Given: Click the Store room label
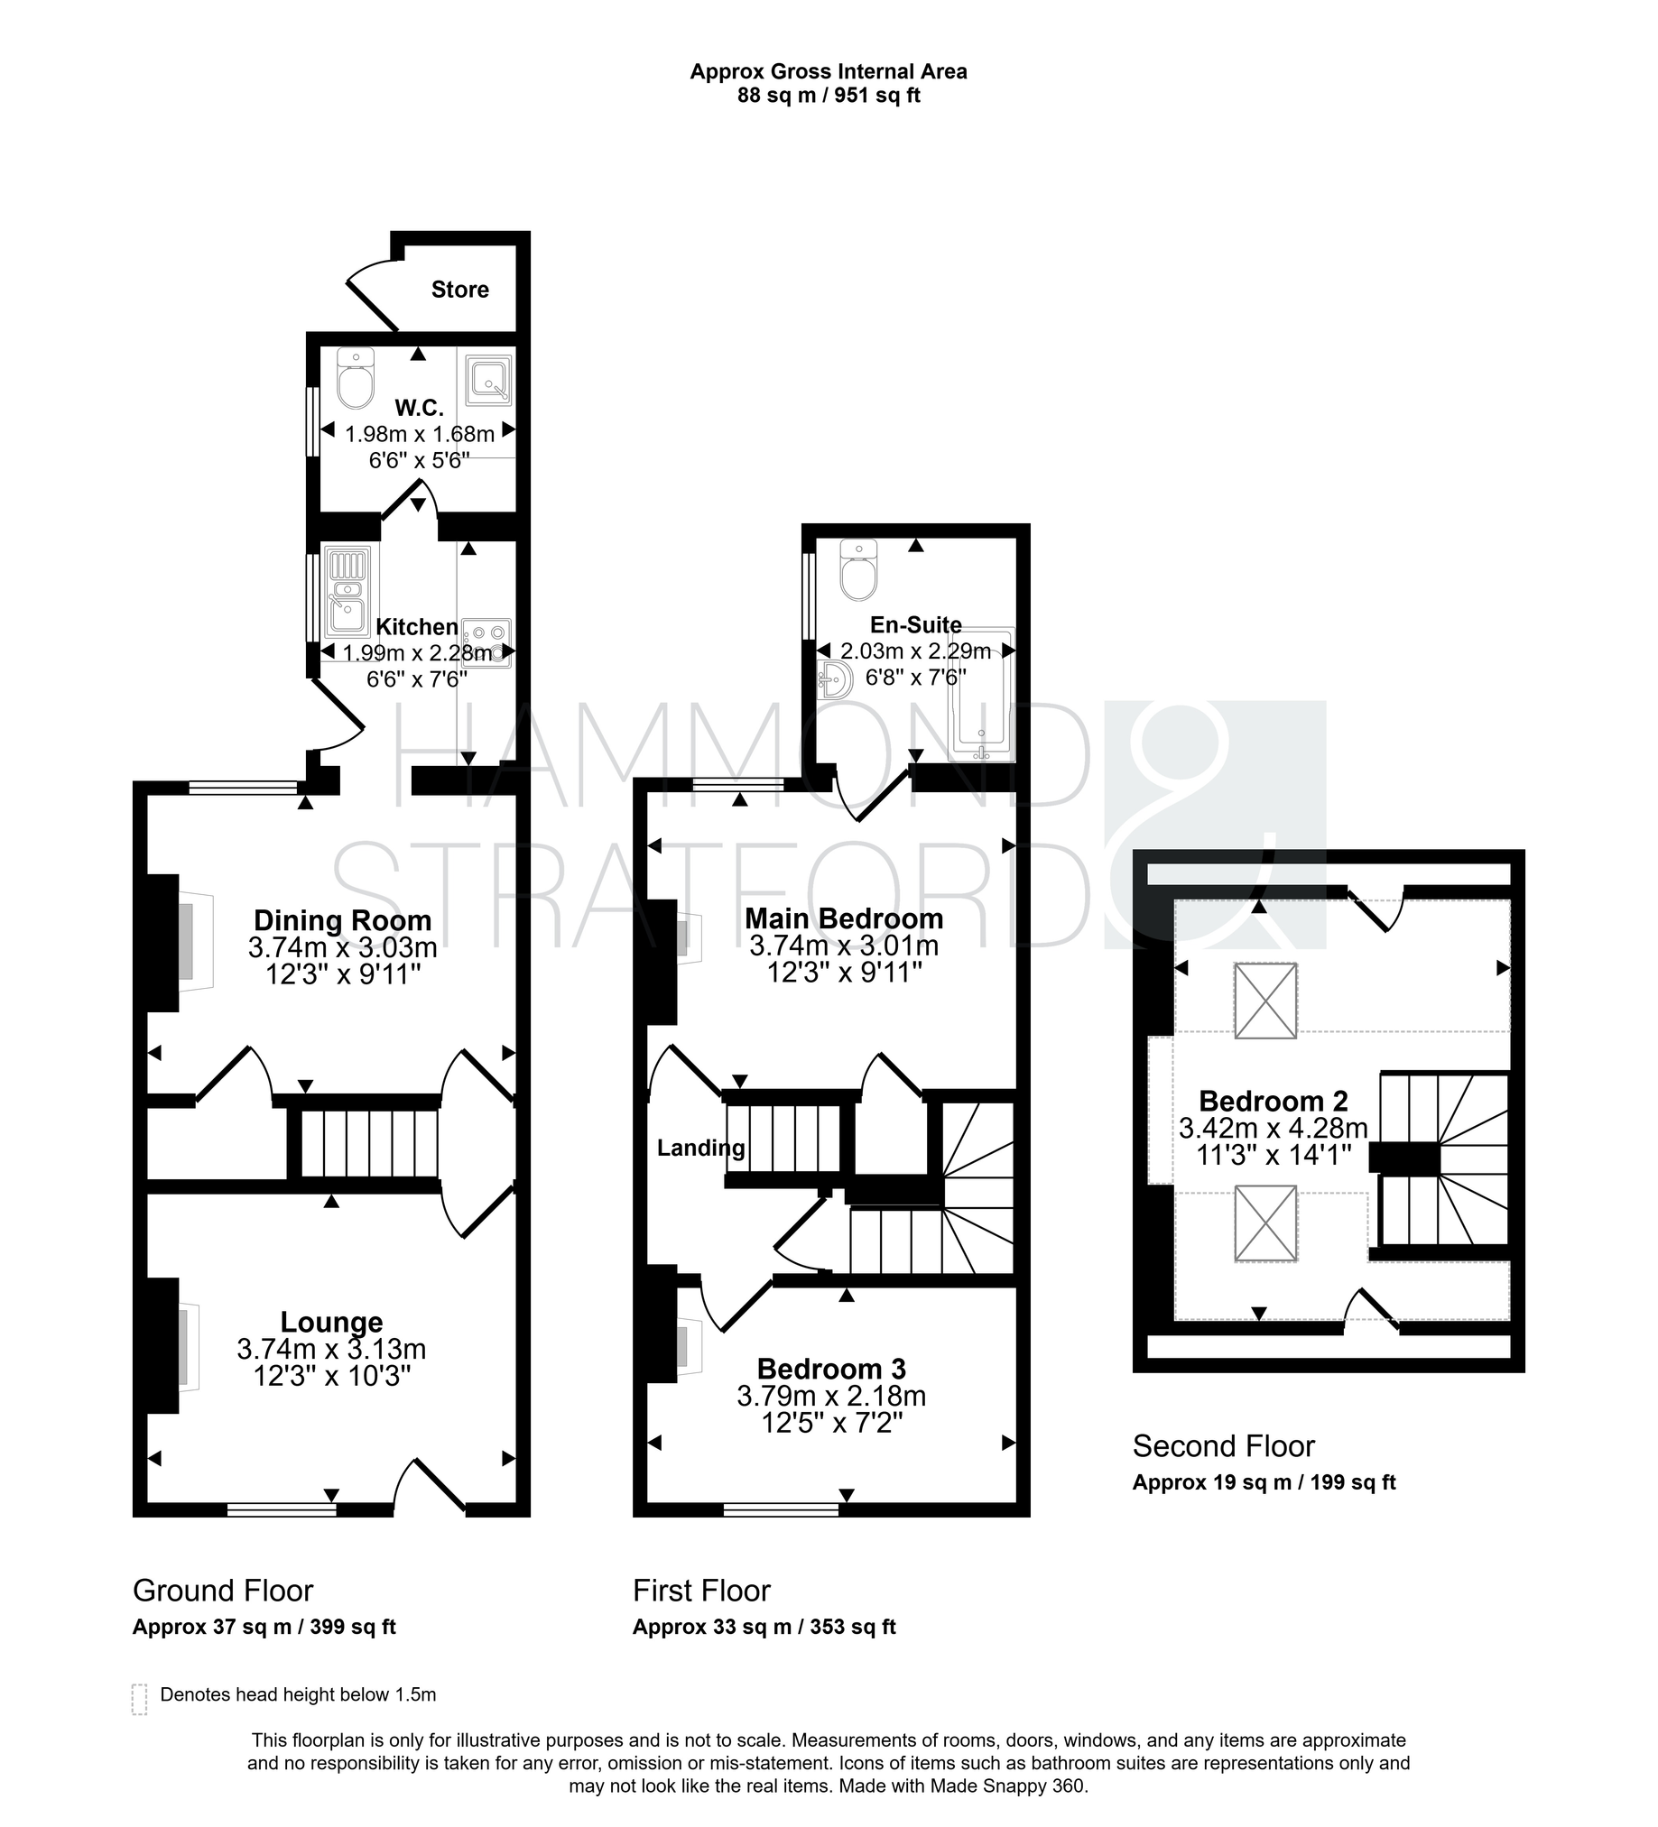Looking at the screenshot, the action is (x=459, y=289).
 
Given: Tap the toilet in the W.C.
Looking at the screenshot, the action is (x=356, y=378).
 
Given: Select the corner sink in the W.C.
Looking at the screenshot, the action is (x=488, y=379).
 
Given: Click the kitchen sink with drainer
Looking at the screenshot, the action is (x=348, y=591).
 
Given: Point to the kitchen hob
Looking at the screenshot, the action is (x=486, y=642).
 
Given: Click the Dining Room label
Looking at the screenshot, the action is (x=343, y=920).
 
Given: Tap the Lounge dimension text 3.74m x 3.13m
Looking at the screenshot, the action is (x=332, y=1349).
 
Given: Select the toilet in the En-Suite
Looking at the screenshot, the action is (x=858, y=570).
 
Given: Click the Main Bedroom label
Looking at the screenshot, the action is (x=844, y=918).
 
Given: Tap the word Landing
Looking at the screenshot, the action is (x=701, y=1149).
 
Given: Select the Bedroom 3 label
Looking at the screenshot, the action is (x=832, y=1369).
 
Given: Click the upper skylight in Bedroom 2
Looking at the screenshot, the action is (x=1265, y=1001).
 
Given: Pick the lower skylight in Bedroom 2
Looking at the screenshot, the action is (x=1266, y=1223).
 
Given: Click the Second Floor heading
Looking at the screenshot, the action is (x=1224, y=1445).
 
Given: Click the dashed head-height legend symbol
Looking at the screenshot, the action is (x=140, y=1699).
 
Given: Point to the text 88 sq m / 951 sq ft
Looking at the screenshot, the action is (x=829, y=95).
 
